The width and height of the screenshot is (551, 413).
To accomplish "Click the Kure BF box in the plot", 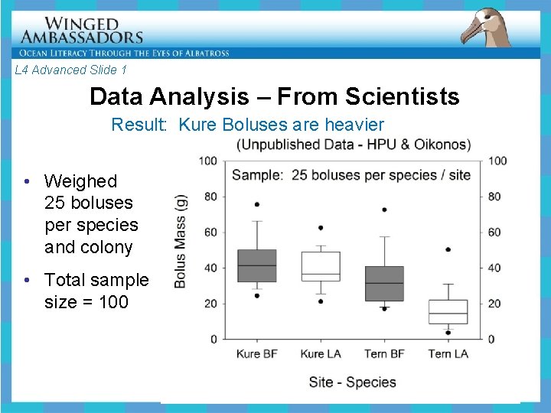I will [x=256, y=265].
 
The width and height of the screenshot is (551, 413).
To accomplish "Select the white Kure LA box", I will [x=321, y=266].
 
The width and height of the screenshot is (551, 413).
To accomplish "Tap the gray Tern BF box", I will [x=384, y=283].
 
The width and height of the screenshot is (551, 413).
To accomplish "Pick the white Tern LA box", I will [x=448, y=311].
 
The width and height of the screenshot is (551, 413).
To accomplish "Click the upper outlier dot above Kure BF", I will [x=256, y=204].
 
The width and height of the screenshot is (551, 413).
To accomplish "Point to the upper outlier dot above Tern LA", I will [x=448, y=249].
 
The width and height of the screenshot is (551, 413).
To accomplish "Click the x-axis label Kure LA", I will [x=321, y=354].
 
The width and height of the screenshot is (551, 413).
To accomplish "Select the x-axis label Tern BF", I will [x=384, y=354].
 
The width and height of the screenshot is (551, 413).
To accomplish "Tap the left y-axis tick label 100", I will [x=207, y=161].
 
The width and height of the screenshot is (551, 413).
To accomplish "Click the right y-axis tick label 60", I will [x=496, y=233].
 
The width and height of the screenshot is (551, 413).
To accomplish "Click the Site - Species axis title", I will [x=352, y=382].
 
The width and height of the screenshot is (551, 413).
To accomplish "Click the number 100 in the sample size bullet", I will [x=113, y=302].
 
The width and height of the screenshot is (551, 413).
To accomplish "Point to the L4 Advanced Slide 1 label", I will [x=70, y=70].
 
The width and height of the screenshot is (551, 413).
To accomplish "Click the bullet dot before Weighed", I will [x=27, y=181].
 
